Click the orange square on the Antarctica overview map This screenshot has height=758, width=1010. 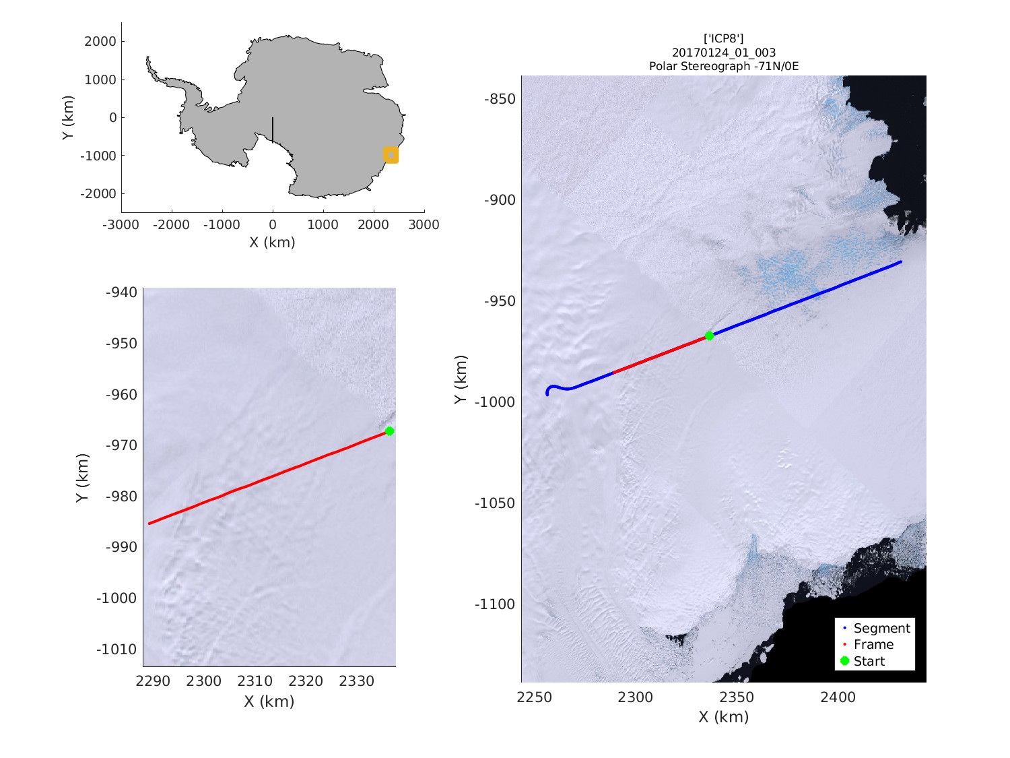391,155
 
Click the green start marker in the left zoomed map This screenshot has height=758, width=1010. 389,431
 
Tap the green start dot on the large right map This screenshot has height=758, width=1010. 709,336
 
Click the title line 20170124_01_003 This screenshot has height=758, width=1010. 724,53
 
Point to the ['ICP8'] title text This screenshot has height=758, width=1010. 724,38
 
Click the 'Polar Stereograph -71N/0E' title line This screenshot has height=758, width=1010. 724,66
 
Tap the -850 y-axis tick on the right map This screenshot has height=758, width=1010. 500,99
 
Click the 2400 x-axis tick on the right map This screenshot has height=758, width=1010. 838,697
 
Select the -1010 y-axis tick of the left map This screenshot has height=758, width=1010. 116,650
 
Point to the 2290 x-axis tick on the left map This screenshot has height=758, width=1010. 153,681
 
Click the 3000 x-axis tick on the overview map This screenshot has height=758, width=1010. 424,224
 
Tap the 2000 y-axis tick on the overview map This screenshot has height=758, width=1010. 100,41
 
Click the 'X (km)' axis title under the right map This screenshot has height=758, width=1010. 723,717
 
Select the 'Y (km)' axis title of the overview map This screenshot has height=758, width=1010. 68,117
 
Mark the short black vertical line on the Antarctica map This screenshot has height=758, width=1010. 273,130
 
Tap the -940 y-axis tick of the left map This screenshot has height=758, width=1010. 121,292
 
